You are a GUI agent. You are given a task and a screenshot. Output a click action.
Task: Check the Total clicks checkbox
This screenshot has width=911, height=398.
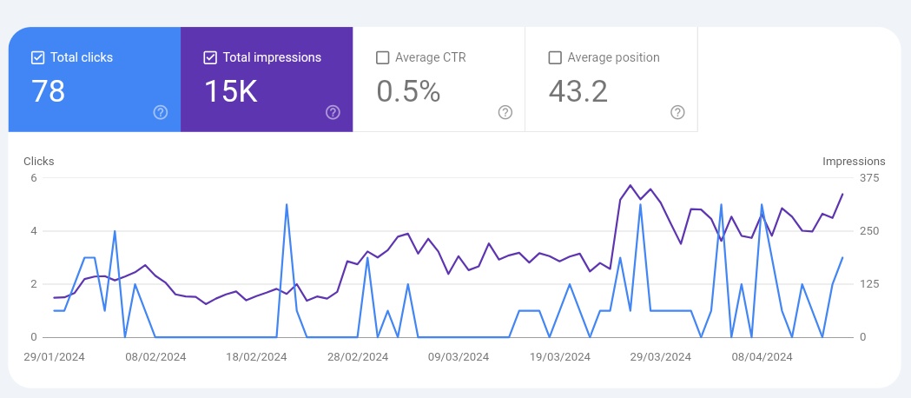click(x=37, y=57)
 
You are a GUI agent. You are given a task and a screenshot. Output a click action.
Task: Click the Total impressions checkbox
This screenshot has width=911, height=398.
click(x=209, y=57)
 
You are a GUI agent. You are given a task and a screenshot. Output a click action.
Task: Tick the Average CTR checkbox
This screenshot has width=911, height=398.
click(x=382, y=57)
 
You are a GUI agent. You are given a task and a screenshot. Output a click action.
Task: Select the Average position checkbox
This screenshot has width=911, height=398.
click(x=555, y=57)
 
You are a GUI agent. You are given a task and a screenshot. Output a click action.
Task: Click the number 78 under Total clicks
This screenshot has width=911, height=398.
click(x=49, y=91)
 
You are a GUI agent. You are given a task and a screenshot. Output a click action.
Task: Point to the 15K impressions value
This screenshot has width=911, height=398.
click(x=231, y=91)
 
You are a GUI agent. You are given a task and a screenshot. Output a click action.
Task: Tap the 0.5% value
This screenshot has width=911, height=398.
click(x=408, y=91)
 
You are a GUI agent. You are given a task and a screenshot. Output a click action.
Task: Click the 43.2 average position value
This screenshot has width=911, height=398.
click(x=578, y=91)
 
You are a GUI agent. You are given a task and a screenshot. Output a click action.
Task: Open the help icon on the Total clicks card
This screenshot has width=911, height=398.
click(x=160, y=112)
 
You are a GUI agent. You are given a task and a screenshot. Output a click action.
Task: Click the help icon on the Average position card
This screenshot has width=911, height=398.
click(x=677, y=112)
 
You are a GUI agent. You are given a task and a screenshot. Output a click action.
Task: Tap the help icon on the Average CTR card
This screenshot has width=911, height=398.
click(x=505, y=112)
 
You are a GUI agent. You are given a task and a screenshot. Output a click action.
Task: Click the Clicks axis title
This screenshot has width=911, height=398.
click(x=39, y=161)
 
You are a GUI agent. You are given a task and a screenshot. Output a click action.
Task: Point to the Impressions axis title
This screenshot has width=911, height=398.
click(x=854, y=161)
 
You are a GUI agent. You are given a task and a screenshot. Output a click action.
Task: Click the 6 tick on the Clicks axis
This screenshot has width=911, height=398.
click(x=34, y=178)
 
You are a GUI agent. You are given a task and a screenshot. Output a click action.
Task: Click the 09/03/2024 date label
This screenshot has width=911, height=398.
click(x=459, y=356)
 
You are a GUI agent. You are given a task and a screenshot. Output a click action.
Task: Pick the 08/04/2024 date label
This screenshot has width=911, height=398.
click(x=762, y=356)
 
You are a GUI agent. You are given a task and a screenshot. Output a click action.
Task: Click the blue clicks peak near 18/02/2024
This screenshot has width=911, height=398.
click(x=287, y=205)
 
